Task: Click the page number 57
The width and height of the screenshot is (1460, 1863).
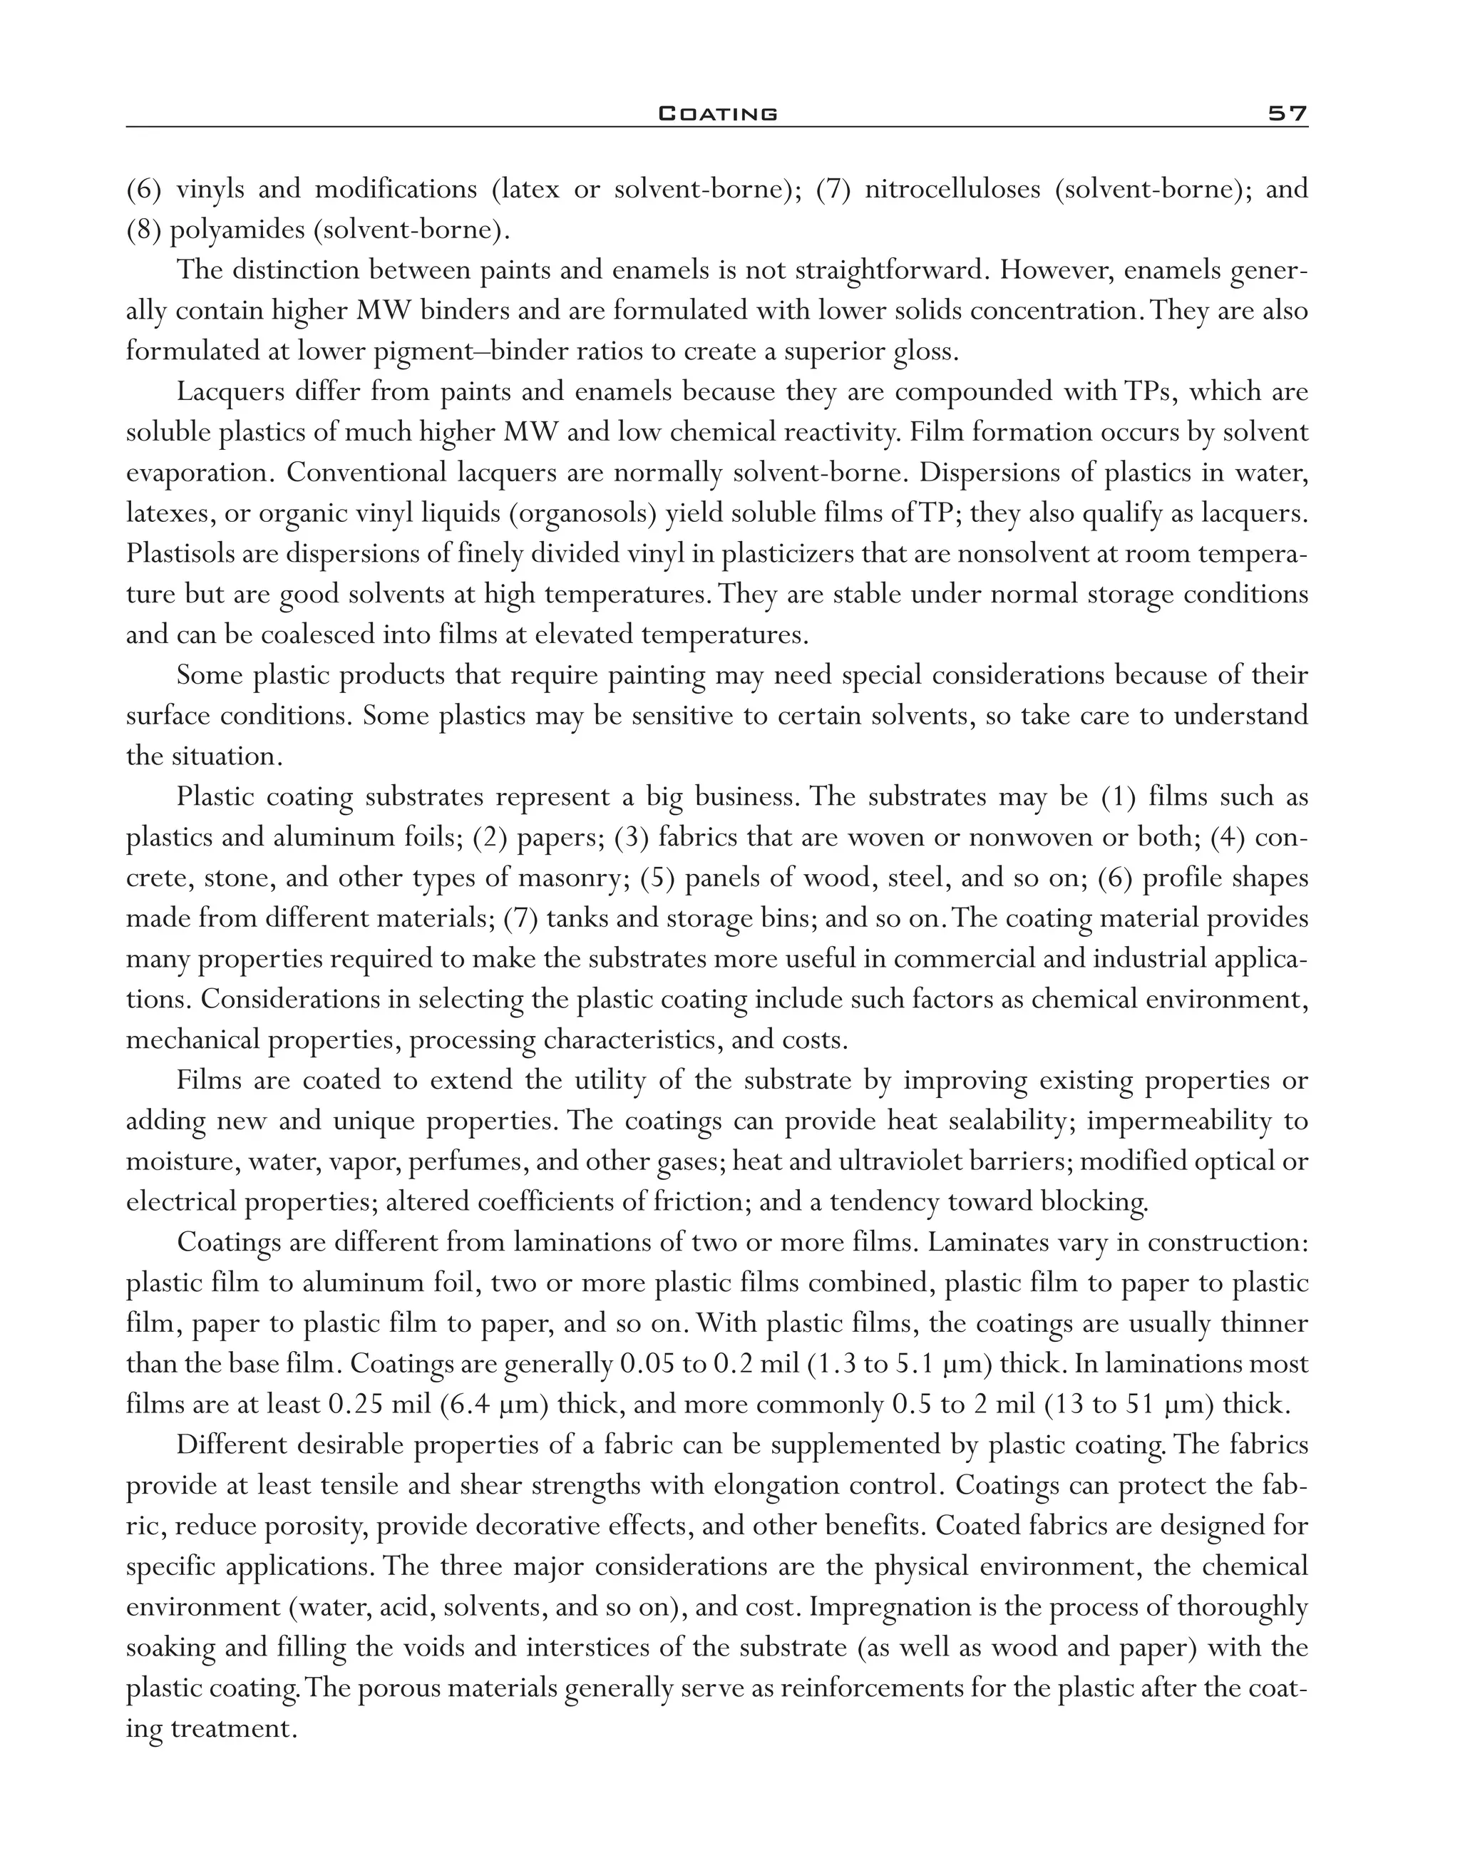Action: point(1287,113)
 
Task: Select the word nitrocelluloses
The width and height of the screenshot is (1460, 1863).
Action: point(952,189)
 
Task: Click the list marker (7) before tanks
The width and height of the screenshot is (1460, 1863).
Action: point(520,918)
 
